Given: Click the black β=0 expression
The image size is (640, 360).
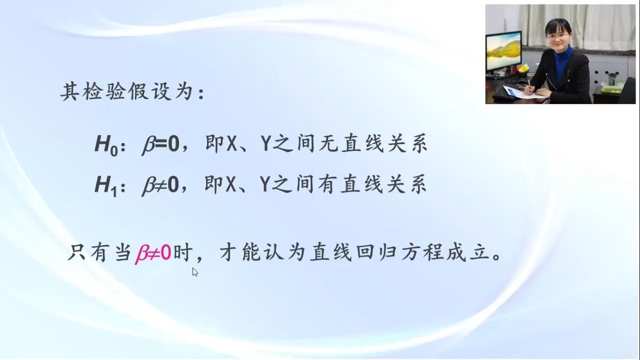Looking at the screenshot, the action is [x=161, y=144].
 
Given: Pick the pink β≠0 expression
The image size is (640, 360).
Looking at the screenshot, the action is [x=153, y=253].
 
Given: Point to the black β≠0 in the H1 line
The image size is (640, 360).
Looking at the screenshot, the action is [x=161, y=185].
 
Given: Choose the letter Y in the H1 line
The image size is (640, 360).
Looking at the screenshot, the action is [x=265, y=184].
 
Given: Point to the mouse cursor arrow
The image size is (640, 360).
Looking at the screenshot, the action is [x=195, y=272].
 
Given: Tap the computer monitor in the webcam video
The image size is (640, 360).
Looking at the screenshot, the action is [x=504, y=51].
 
